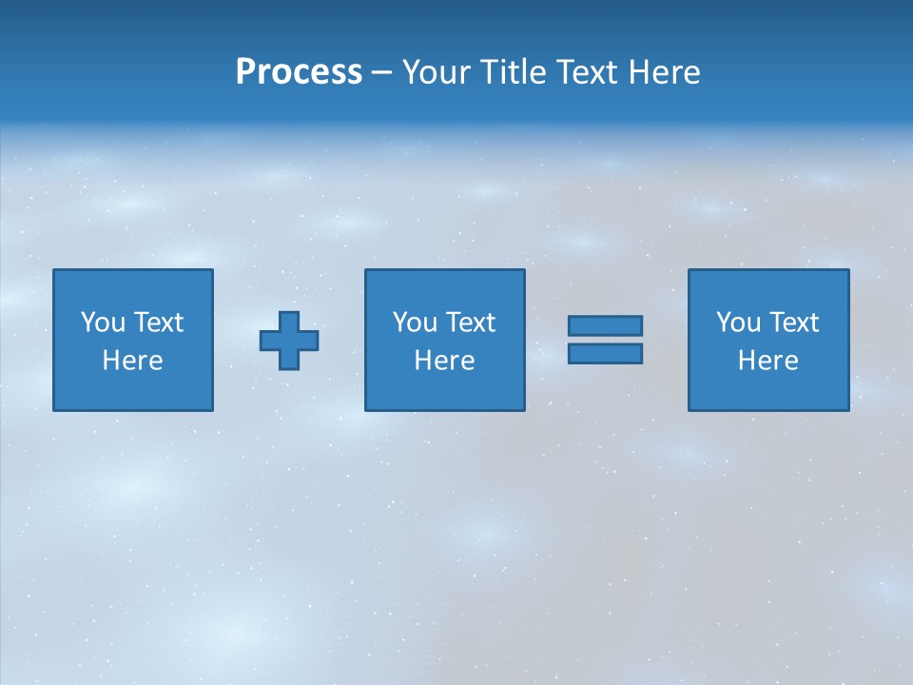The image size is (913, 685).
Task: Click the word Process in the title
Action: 299,72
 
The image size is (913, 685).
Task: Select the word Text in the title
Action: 587,72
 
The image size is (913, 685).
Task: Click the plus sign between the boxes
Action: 289,341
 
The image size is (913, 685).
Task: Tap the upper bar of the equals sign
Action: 605,326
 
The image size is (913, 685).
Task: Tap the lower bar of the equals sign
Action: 605,353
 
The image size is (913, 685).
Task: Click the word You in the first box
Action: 103,323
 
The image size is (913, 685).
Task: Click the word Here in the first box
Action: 132,361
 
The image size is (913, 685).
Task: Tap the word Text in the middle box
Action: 471,323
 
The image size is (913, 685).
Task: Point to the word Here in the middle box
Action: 444,361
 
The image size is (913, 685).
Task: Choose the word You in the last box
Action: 739,323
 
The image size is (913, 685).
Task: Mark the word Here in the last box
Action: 767,361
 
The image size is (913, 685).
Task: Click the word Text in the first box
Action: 159,323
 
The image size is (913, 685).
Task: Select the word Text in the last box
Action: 794,323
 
